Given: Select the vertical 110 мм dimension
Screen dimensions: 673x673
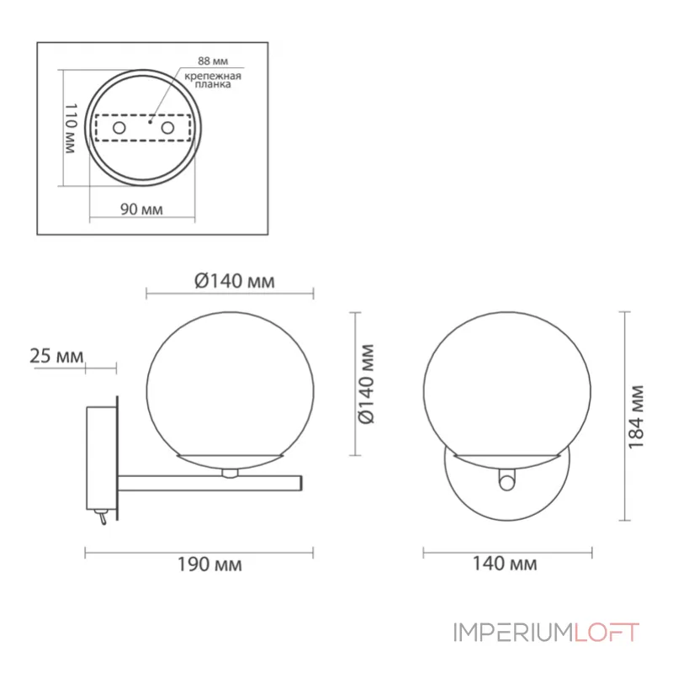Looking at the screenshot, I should (x=71, y=128).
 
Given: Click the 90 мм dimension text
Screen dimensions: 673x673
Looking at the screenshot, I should (x=141, y=209).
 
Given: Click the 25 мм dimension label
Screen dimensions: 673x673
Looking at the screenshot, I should (x=56, y=356).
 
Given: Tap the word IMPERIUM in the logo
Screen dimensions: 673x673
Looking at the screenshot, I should (x=513, y=632).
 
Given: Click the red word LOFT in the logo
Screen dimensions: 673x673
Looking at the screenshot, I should (x=607, y=632).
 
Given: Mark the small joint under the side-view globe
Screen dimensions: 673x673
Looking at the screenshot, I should (x=228, y=472).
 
